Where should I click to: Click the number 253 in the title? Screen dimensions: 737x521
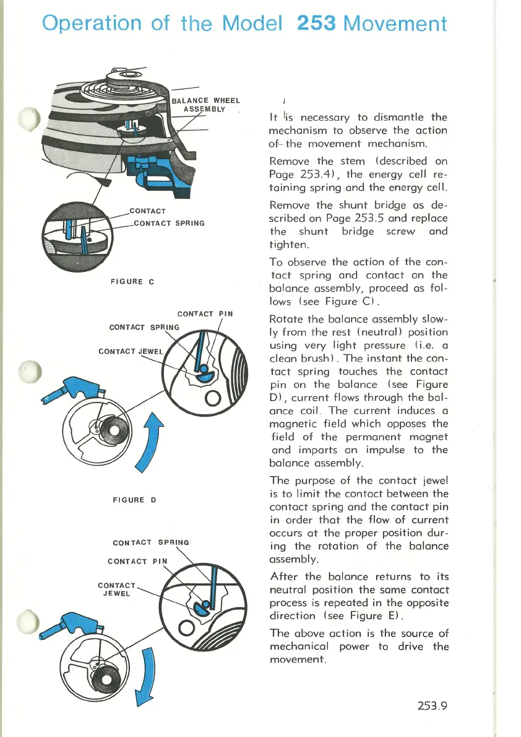pos(316,23)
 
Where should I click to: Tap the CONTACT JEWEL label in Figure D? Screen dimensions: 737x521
pos(130,352)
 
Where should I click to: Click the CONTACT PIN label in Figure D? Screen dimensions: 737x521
pos(205,313)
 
